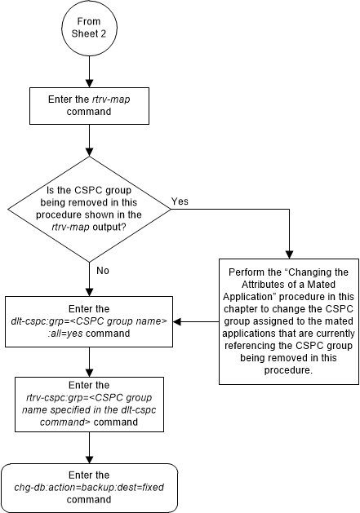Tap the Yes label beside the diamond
(x=181, y=201)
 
